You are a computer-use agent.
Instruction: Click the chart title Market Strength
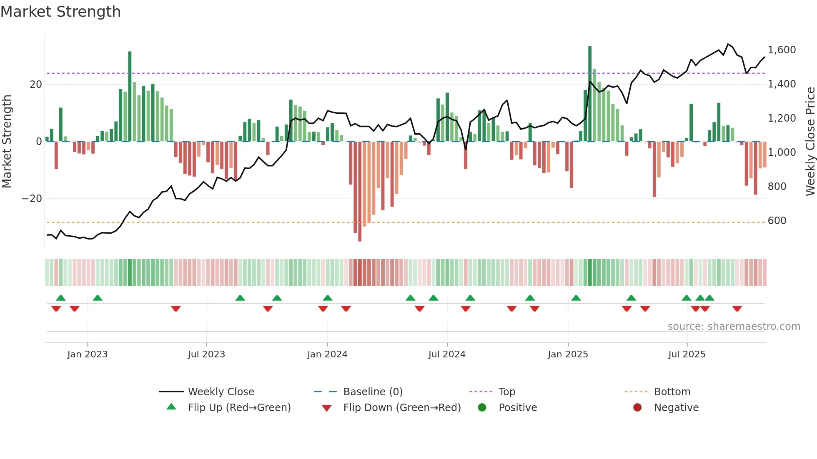point(60,12)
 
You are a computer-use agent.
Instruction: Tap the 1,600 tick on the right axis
point(782,50)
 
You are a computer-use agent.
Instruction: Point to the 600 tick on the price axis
point(777,221)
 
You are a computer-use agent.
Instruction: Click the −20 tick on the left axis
point(32,199)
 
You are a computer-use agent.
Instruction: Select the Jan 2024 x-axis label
point(327,354)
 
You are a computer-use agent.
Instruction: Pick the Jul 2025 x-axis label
point(687,354)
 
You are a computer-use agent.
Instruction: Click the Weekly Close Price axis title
point(810,142)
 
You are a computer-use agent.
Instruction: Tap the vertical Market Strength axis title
point(7,142)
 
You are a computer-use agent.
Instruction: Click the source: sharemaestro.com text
point(734,327)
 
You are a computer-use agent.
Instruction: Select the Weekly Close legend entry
point(221,392)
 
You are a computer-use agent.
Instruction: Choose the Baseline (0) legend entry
point(373,392)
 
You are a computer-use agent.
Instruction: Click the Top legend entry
point(506,392)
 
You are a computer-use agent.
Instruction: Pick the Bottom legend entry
point(672,392)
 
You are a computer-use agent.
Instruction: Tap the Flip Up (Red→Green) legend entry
point(239,408)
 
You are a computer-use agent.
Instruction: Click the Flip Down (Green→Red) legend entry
point(402,408)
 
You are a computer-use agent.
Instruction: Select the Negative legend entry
point(676,408)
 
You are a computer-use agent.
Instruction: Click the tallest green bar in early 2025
point(590,94)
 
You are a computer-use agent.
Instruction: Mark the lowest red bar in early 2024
point(360,192)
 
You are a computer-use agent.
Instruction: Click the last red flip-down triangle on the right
point(737,309)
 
